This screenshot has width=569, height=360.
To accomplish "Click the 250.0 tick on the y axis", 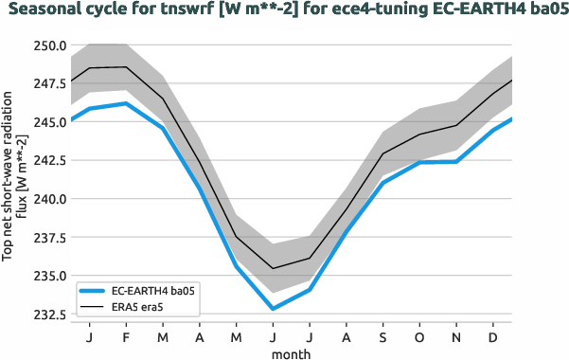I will coord(46,45).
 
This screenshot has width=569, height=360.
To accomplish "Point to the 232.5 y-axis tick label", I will coord(46,315).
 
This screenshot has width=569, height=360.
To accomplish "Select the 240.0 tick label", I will coord(46,199).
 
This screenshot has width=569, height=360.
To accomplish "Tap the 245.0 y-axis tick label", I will coord(46,122).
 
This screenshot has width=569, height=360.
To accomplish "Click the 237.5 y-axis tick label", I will coord(46,238).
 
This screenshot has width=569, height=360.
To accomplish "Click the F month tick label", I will coord(127,337).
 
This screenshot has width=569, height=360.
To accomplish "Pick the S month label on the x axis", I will coord(383,337).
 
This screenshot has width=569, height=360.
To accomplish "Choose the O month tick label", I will coord(420,337).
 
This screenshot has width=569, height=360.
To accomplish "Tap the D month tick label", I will coord(493,337).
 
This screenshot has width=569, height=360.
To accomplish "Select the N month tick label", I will coord(456,337).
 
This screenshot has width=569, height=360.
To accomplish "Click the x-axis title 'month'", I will coord(292,353).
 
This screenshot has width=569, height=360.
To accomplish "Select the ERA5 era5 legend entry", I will coord(137,308).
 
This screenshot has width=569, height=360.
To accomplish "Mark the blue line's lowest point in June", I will coord(273,309).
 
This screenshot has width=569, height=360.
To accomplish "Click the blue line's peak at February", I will coord(127,103).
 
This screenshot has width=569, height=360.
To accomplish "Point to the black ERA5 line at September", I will coord(383,153).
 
